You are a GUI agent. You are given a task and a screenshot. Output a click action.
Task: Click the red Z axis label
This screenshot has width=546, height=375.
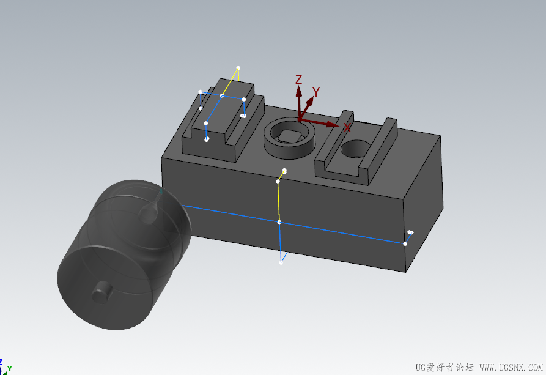[298, 80]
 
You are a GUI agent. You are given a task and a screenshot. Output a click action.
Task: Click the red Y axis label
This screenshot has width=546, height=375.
[316, 92]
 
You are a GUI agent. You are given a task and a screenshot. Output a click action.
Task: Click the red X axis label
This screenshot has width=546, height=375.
[347, 128]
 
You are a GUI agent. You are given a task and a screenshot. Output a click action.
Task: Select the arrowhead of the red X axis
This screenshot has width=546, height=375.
[333, 124]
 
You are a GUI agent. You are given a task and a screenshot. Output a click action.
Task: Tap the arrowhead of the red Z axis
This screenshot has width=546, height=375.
[299, 92]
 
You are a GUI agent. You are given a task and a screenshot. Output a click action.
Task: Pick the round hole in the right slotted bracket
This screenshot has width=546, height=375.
[355, 149]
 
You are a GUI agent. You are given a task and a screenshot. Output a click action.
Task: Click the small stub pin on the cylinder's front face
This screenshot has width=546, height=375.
[101, 292]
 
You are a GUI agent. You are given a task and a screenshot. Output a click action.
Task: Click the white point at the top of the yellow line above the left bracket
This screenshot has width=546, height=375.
[238, 68]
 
